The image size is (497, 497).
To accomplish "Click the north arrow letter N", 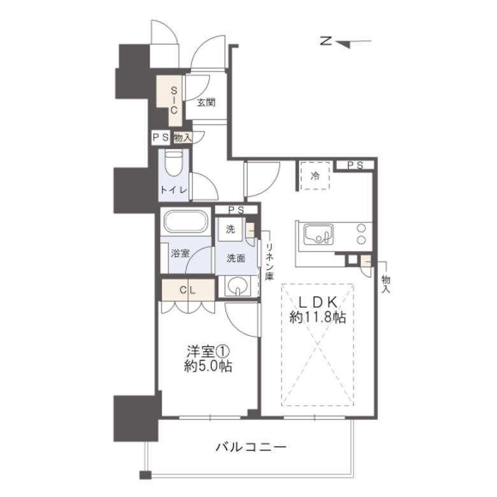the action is click(326, 41).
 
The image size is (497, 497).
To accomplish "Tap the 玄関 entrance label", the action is click(206, 103).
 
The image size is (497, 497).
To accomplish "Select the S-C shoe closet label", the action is click(174, 101).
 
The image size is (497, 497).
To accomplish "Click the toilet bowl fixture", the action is click(174, 163).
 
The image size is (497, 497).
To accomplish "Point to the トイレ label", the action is click(174, 190).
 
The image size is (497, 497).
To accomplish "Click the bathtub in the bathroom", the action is click(186, 221).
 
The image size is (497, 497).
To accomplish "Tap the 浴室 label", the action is click(180, 253).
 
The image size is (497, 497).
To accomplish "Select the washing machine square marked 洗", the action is click(231, 229).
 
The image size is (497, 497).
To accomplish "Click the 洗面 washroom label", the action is click(236, 258).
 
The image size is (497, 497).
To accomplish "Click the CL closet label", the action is click(187, 290).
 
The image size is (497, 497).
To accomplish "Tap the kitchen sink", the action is click(318, 234).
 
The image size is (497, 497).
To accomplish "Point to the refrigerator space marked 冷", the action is click(315, 176).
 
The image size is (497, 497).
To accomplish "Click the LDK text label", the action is click(318, 303).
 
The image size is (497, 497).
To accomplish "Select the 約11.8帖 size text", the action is click(317, 317).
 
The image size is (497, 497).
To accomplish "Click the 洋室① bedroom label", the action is click(208, 352).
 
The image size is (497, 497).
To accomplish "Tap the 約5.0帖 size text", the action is click(208, 366).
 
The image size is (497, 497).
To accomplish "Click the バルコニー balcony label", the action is click(251, 447).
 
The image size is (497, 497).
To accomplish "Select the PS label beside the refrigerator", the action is click(356, 165).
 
